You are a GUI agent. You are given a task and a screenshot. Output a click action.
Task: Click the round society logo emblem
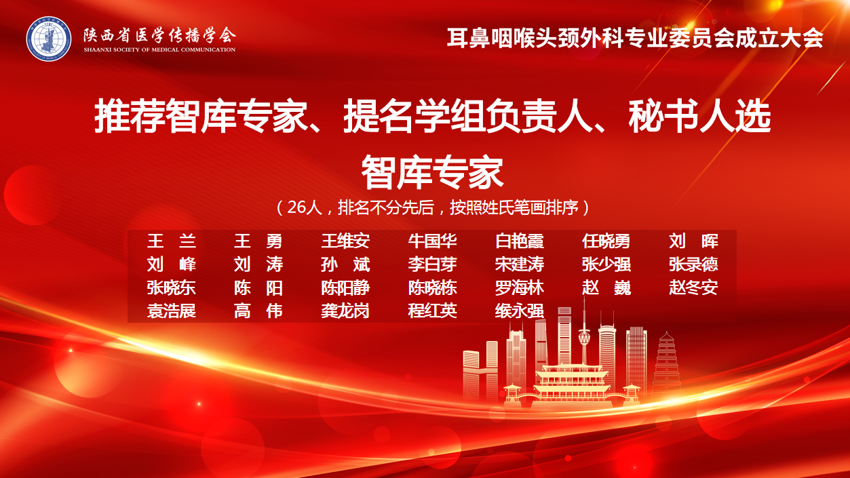click(49, 39)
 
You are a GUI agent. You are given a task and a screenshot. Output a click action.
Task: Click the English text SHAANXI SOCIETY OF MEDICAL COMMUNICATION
click(159, 49)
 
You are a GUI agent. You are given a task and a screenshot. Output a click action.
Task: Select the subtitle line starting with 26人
click(433, 207)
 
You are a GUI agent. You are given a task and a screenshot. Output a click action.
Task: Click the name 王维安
click(345, 241)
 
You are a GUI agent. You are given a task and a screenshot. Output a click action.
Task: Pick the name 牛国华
click(433, 241)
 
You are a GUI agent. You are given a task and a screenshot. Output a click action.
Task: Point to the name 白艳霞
click(520, 241)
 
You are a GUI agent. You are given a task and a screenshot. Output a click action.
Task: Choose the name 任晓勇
click(606, 241)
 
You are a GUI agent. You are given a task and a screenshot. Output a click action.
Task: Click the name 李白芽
click(433, 264)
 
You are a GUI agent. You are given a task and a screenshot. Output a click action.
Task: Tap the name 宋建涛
click(520, 264)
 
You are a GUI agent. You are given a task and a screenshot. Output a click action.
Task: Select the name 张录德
click(693, 264)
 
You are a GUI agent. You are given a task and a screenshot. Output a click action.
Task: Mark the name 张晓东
click(172, 288)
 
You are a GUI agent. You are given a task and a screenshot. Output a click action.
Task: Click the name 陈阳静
click(345, 288)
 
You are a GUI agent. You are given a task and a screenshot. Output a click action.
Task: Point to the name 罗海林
click(520, 288)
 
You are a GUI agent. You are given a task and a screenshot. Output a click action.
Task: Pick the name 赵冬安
click(693, 288)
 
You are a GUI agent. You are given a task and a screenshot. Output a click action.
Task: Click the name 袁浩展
click(172, 311)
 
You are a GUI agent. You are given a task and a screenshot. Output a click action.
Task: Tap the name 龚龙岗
click(345, 311)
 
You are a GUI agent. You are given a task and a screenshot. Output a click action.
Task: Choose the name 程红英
click(433, 311)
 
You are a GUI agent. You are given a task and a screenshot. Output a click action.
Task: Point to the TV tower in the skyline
click(584, 334)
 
